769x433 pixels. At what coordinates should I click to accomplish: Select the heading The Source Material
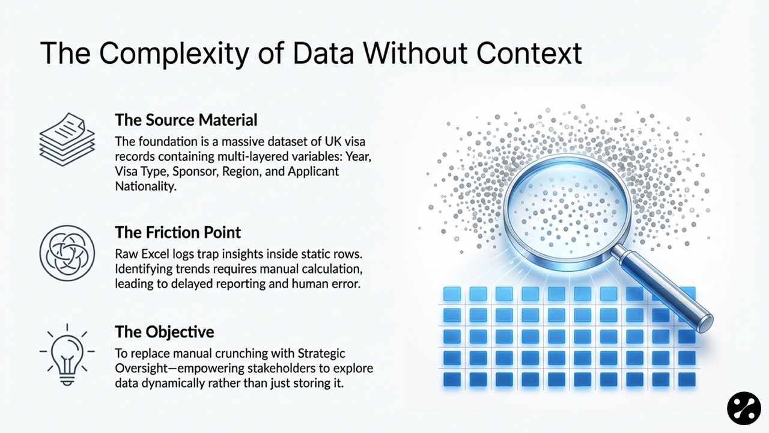186,120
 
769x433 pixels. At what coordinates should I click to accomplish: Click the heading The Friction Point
178,232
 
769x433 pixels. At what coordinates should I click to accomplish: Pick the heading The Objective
165,331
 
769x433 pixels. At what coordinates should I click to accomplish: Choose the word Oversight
139,368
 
